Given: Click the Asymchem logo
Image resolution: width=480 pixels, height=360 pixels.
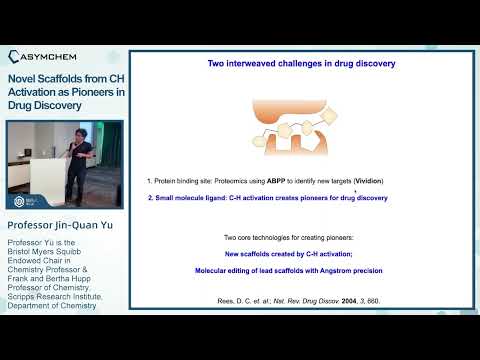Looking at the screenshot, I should (62, 57).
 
